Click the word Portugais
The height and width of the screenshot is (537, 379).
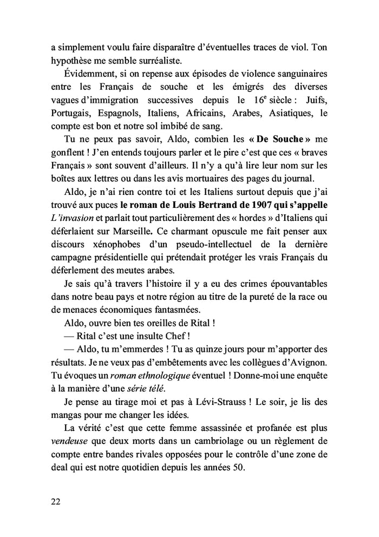69,113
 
